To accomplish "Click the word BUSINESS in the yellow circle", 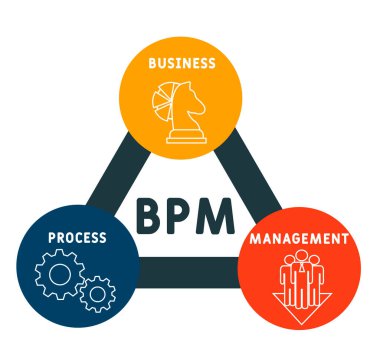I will pyautogui.click(x=181, y=62).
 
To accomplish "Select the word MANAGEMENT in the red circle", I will pyautogui.click(x=301, y=240).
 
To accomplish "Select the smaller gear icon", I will pyautogui.click(x=97, y=294).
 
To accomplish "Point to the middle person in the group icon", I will pyautogui.click(x=300, y=268).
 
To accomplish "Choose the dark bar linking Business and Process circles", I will pyautogui.click(x=110, y=170).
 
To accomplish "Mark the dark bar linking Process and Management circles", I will pyautogui.click(x=185, y=270).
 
